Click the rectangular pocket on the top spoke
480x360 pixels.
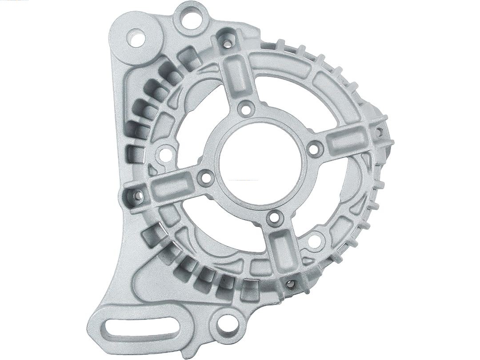tap(235, 74)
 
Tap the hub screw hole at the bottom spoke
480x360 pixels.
tap(275, 217)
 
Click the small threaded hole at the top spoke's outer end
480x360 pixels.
tap(227, 44)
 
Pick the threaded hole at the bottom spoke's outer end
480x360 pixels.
tap(291, 283)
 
